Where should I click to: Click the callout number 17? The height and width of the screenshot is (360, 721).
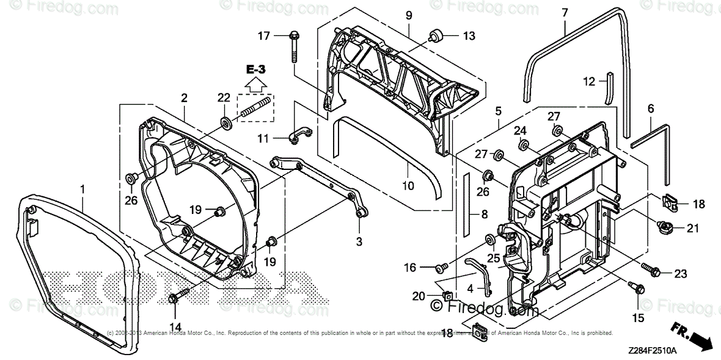click(x=263, y=36)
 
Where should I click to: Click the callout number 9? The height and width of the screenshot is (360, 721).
click(x=409, y=14)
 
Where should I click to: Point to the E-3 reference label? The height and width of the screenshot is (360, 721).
click(x=256, y=70)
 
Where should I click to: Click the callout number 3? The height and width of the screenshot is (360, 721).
click(x=359, y=241)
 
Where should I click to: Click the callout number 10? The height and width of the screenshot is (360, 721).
click(x=408, y=185)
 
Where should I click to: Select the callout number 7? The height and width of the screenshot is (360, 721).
click(x=565, y=12)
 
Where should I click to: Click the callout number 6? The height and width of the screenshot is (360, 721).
click(x=651, y=108)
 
